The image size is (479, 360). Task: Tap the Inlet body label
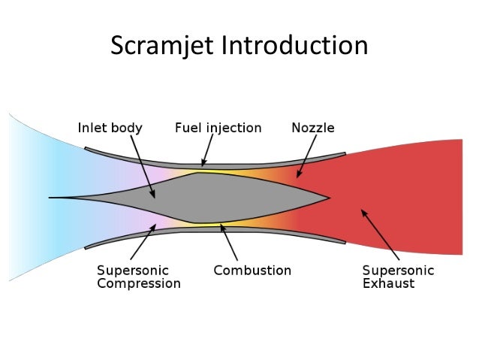(x=110, y=128)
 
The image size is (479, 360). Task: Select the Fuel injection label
(x=218, y=128)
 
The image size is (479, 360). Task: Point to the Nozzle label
(x=312, y=128)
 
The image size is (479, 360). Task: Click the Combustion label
(x=252, y=270)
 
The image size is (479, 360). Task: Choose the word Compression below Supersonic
(x=139, y=284)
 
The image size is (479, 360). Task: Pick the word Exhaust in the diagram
(x=387, y=284)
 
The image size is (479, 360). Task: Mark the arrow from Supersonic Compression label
(x=143, y=241)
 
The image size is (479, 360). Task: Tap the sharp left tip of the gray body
(x=51, y=198)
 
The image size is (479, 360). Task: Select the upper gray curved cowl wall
(x=218, y=160)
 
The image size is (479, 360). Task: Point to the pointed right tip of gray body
(x=328, y=198)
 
